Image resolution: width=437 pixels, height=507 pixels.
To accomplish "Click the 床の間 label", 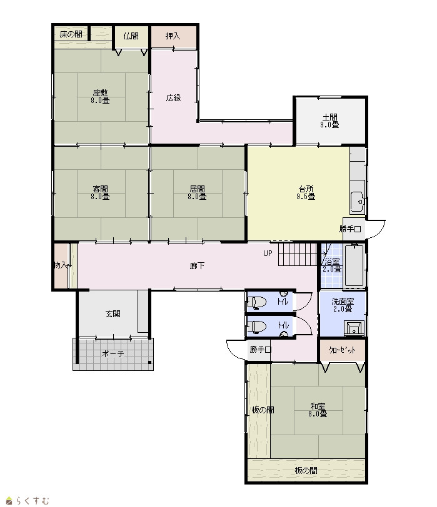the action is click(x=71, y=34).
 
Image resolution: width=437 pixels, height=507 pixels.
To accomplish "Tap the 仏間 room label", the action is click(x=131, y=36).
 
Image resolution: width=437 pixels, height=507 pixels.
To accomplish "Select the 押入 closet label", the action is click(x=173, y=36).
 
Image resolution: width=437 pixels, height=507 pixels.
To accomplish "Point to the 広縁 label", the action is click(x=174, y=97).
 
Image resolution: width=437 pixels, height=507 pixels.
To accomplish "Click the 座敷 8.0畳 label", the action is click(x=100, y=96).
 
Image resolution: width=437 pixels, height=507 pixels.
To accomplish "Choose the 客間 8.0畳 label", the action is click(x=100, y=192).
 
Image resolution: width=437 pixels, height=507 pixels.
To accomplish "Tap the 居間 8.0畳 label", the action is click(x=197, y=192).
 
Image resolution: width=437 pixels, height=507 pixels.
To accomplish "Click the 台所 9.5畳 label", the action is click(x=306, y=192).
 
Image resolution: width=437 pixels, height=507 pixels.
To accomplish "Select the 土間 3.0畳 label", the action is click(x=330, y=121).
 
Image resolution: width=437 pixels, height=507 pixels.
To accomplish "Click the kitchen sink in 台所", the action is click(x=358, y=202).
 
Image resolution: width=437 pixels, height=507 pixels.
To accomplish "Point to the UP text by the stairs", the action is click(x=268, y=253).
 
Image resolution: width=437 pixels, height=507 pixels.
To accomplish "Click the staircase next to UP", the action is click(x=297, y=254).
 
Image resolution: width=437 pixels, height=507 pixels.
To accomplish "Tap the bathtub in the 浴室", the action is click(x=354, y=265).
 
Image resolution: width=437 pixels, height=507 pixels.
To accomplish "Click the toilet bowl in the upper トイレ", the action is click(x=257, y=302).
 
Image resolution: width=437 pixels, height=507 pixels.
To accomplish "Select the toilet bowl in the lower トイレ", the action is click(x=257, y=327).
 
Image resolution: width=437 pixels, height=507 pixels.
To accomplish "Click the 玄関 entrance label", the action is click(x=113, y=313).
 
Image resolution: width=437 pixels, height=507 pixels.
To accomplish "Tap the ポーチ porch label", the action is click(x=113, y=354).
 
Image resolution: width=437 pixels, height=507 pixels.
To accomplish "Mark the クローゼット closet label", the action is click(x=342, y=350).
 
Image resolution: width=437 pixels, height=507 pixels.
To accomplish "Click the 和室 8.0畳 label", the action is click(x=318, y=410).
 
